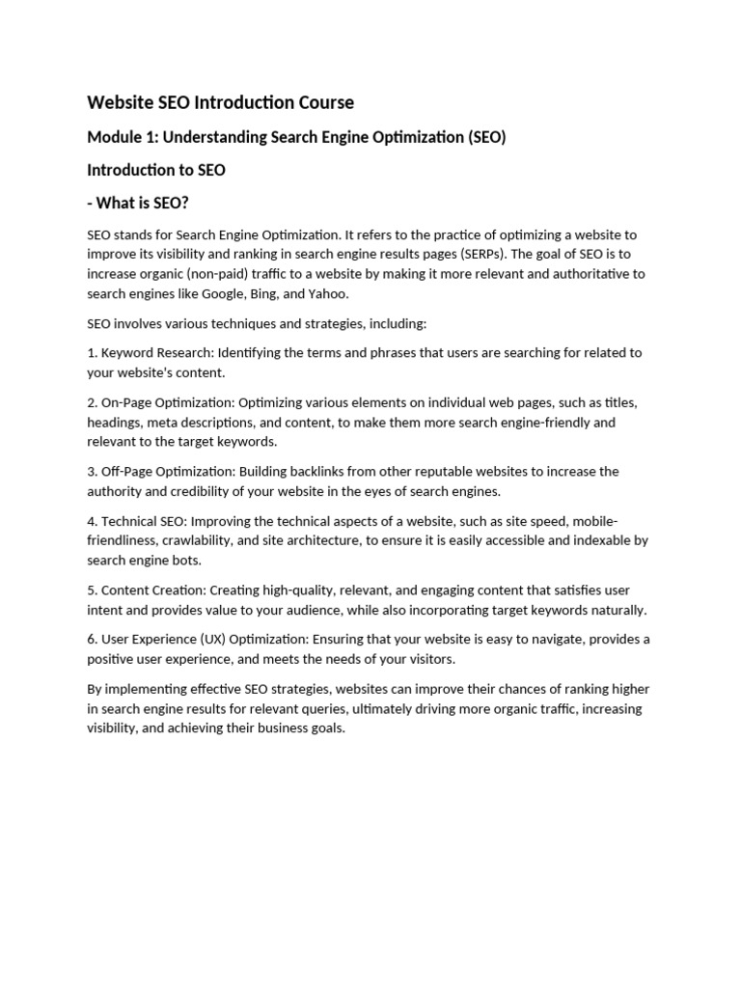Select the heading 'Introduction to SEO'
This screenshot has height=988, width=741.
coord(156,170)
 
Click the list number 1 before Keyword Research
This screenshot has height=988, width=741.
coord(91,352)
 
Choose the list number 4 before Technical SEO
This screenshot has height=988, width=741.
coord(91,520)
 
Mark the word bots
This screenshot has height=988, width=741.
coord(186,560)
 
